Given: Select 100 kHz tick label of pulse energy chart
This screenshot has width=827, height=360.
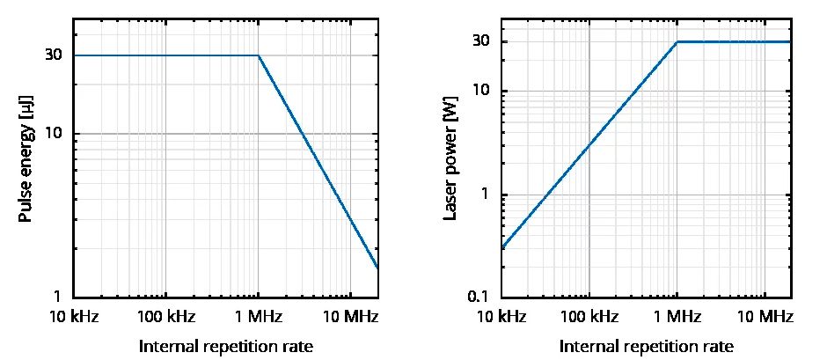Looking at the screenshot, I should click(165, 316).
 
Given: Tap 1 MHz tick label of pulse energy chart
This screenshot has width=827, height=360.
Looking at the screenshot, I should click(258, 316).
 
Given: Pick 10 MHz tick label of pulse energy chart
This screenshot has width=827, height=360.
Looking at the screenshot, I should click(350, 316).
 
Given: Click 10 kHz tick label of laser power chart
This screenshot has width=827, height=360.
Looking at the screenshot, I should click(501, 316).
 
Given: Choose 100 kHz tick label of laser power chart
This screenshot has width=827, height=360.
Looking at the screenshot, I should click(589, 316).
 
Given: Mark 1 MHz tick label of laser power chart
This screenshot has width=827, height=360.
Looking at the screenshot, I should click(677, 316).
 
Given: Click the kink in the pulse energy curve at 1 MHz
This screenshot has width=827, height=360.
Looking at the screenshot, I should click(258, 55).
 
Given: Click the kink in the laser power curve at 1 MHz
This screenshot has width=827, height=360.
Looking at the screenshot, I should click(677, 41).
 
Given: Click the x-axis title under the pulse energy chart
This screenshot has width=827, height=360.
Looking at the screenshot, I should click(226, 346).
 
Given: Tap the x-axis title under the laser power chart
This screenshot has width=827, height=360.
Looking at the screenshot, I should click(647, 346).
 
